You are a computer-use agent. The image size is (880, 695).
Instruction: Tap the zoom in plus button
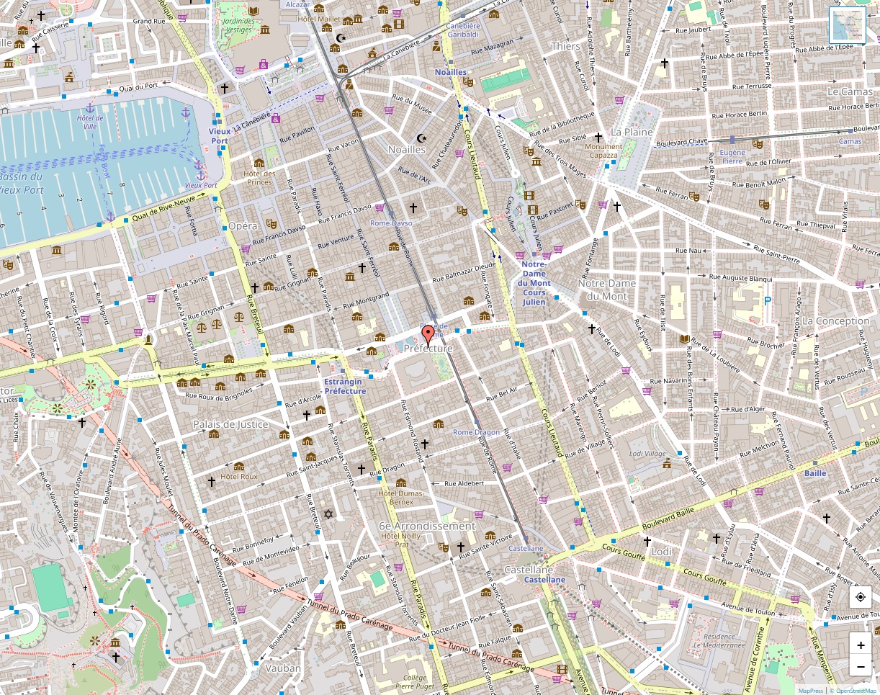(861, 645)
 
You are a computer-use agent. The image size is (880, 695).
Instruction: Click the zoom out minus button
(861, 667)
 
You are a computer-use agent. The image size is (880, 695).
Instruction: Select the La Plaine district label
(631, 133)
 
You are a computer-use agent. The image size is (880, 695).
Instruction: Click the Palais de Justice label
(230, 424)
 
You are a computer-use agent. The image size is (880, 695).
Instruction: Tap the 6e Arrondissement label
(427, 526)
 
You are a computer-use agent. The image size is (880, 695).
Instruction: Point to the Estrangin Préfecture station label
(345, 386)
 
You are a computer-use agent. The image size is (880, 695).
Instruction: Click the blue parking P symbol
(767, 300)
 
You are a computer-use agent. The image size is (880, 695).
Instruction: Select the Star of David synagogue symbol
(329, 514)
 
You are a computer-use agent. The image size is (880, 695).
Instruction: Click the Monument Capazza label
(603, 151)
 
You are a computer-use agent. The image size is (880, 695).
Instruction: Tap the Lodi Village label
(647, 454)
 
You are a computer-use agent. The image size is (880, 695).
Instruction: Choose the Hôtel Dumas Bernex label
(401, 497)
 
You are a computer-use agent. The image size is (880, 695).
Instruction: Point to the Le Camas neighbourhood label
(850, 91)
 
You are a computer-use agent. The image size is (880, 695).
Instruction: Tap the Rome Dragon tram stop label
(476, 432)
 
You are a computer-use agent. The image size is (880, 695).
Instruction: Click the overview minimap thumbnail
(848, 25)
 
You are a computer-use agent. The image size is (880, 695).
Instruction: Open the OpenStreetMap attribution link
(856, 691)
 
